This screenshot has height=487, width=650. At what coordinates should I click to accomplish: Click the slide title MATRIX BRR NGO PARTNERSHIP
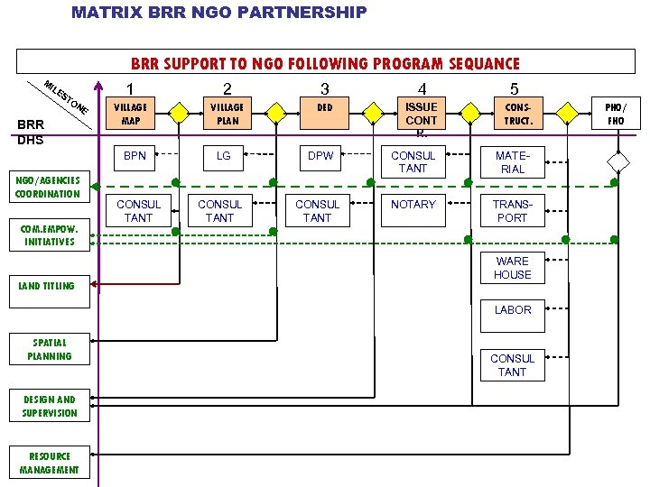219,12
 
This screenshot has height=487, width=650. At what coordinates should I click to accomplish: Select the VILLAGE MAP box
131,114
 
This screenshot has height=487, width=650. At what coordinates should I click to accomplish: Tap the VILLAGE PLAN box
227,114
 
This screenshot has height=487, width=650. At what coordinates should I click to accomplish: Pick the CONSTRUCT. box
518,114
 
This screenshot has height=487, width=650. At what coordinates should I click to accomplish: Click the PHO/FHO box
616,114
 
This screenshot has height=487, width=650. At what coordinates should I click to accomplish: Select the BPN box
135,156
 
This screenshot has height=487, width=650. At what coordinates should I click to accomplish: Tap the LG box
224,156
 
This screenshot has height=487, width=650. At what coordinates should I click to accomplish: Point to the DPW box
320,156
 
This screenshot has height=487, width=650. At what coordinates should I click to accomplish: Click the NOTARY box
413,205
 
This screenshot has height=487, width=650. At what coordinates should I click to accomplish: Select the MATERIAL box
512,162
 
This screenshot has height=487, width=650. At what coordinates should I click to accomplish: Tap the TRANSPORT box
512,211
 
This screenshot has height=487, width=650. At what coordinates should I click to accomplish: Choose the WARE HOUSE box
512,268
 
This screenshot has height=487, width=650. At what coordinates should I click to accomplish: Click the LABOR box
512,310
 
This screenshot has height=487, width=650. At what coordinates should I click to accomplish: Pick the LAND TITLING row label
47,286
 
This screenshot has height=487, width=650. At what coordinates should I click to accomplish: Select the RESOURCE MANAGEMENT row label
50,463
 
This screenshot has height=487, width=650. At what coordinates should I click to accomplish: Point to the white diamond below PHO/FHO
617,162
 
